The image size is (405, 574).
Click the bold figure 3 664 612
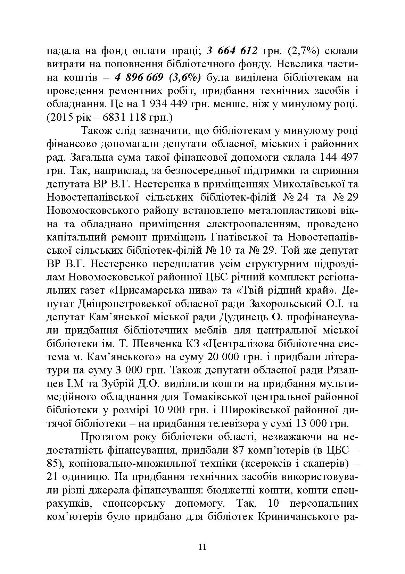pyautogui.click(x=232, y=51)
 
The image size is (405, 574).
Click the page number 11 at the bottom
pyautogui.click(x=202, y=547)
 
